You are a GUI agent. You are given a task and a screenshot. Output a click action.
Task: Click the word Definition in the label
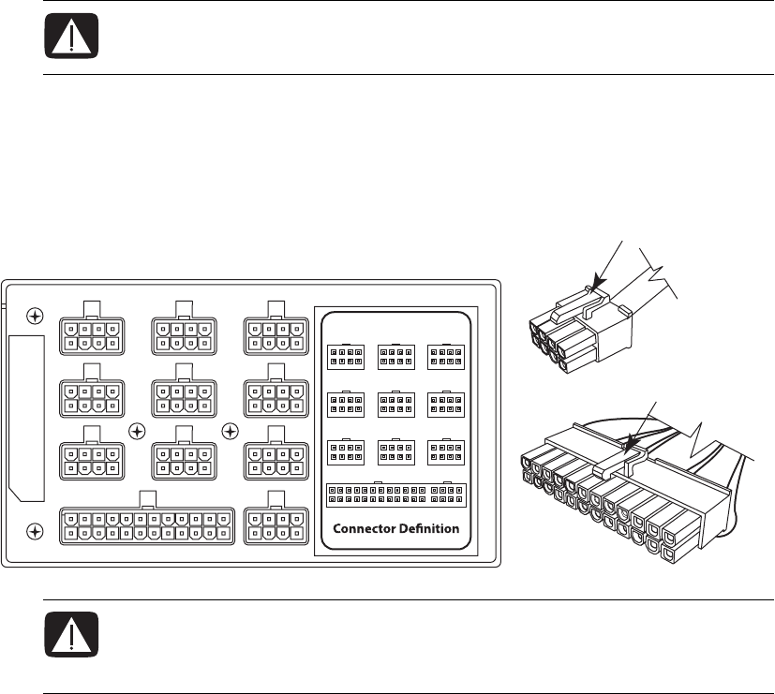(428, 529)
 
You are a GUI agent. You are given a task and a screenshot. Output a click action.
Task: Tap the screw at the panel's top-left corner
(35, 317)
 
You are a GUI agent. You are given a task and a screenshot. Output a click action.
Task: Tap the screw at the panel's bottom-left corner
(35, 531)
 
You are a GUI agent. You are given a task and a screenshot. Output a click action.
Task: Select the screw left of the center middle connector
(137, 431)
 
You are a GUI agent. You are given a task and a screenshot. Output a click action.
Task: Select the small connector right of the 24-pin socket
(275, 523)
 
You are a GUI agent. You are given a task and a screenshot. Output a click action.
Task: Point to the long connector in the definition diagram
(396, 495)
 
